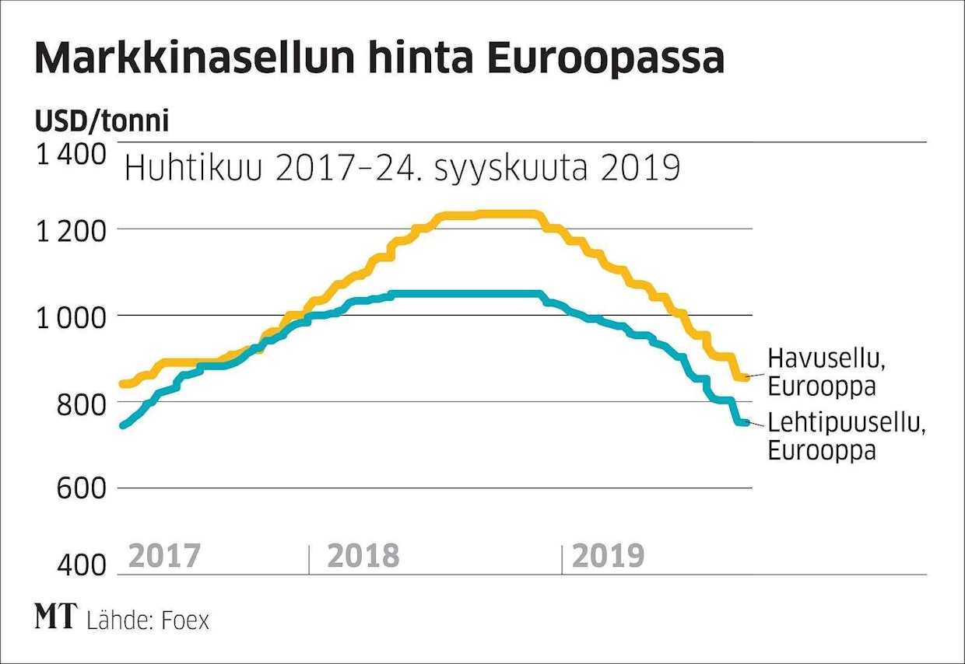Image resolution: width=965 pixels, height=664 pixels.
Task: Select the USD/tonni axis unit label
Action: pyautogui.click(x=101, y=122)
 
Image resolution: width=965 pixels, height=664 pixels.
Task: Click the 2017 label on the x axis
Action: pyautogui.click(x=164, y=557)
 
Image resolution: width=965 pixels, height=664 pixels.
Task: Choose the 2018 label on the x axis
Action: pyautogui.click(x=363, y=557)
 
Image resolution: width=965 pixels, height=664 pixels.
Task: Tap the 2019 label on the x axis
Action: pyautogui.click(x=608, y=557)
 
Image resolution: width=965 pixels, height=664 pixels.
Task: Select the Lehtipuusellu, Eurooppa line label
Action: pyautogui.click(x=846, y=436)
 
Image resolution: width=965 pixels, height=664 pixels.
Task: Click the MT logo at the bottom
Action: pyautogui.click(x=56, y=618)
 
